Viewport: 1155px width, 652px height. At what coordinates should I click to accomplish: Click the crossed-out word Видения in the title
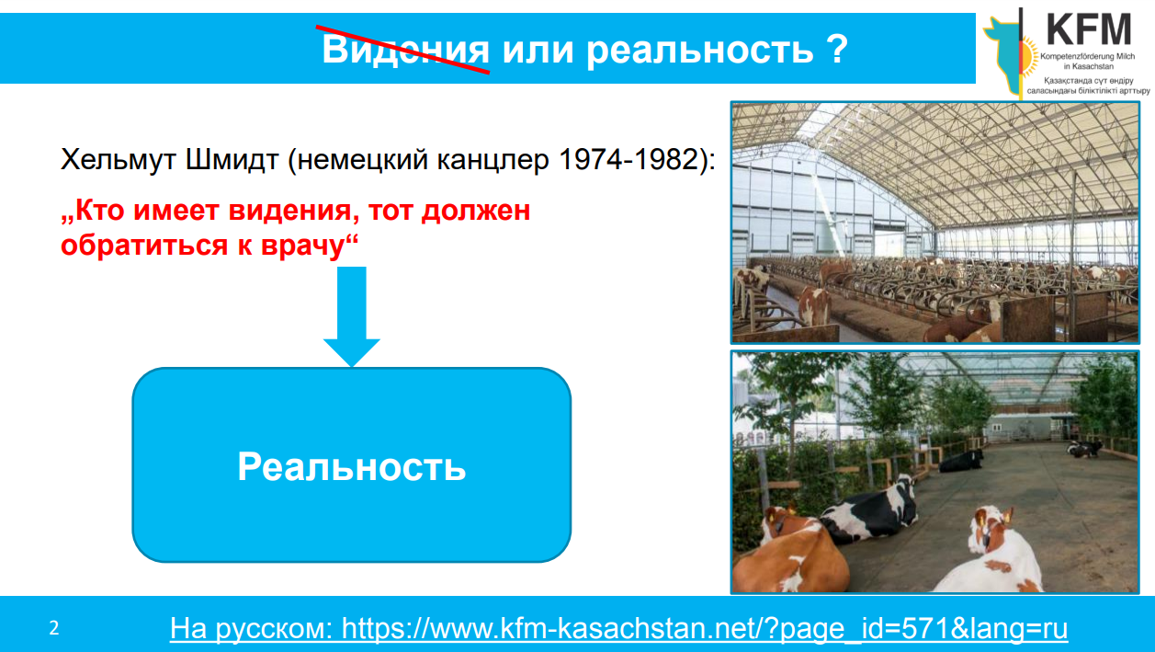(405, 50)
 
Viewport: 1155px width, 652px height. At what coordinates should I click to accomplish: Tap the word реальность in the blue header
(700, 51)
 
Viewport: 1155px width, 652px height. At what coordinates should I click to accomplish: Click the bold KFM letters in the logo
(1088, 29)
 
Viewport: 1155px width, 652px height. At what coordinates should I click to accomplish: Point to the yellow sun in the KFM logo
(1029, 57)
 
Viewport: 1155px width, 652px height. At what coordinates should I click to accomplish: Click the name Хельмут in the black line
(119, 159)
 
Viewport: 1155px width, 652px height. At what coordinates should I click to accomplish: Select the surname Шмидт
(232, 159)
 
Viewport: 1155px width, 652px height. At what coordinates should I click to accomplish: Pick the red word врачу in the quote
(302, 246)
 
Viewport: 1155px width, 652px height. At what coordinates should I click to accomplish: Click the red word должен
(476, 212)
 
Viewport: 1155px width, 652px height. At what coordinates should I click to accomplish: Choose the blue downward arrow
(352, 316)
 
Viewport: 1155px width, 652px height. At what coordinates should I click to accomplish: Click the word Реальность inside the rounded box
(352, 466)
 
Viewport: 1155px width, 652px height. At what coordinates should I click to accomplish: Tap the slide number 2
(54, 628)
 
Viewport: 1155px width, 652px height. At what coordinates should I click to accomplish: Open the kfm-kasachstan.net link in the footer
(705, 629)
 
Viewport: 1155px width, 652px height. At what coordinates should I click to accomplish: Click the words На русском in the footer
(251, 629)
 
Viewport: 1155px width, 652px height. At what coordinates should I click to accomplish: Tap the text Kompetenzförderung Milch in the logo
(1087, 56)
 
